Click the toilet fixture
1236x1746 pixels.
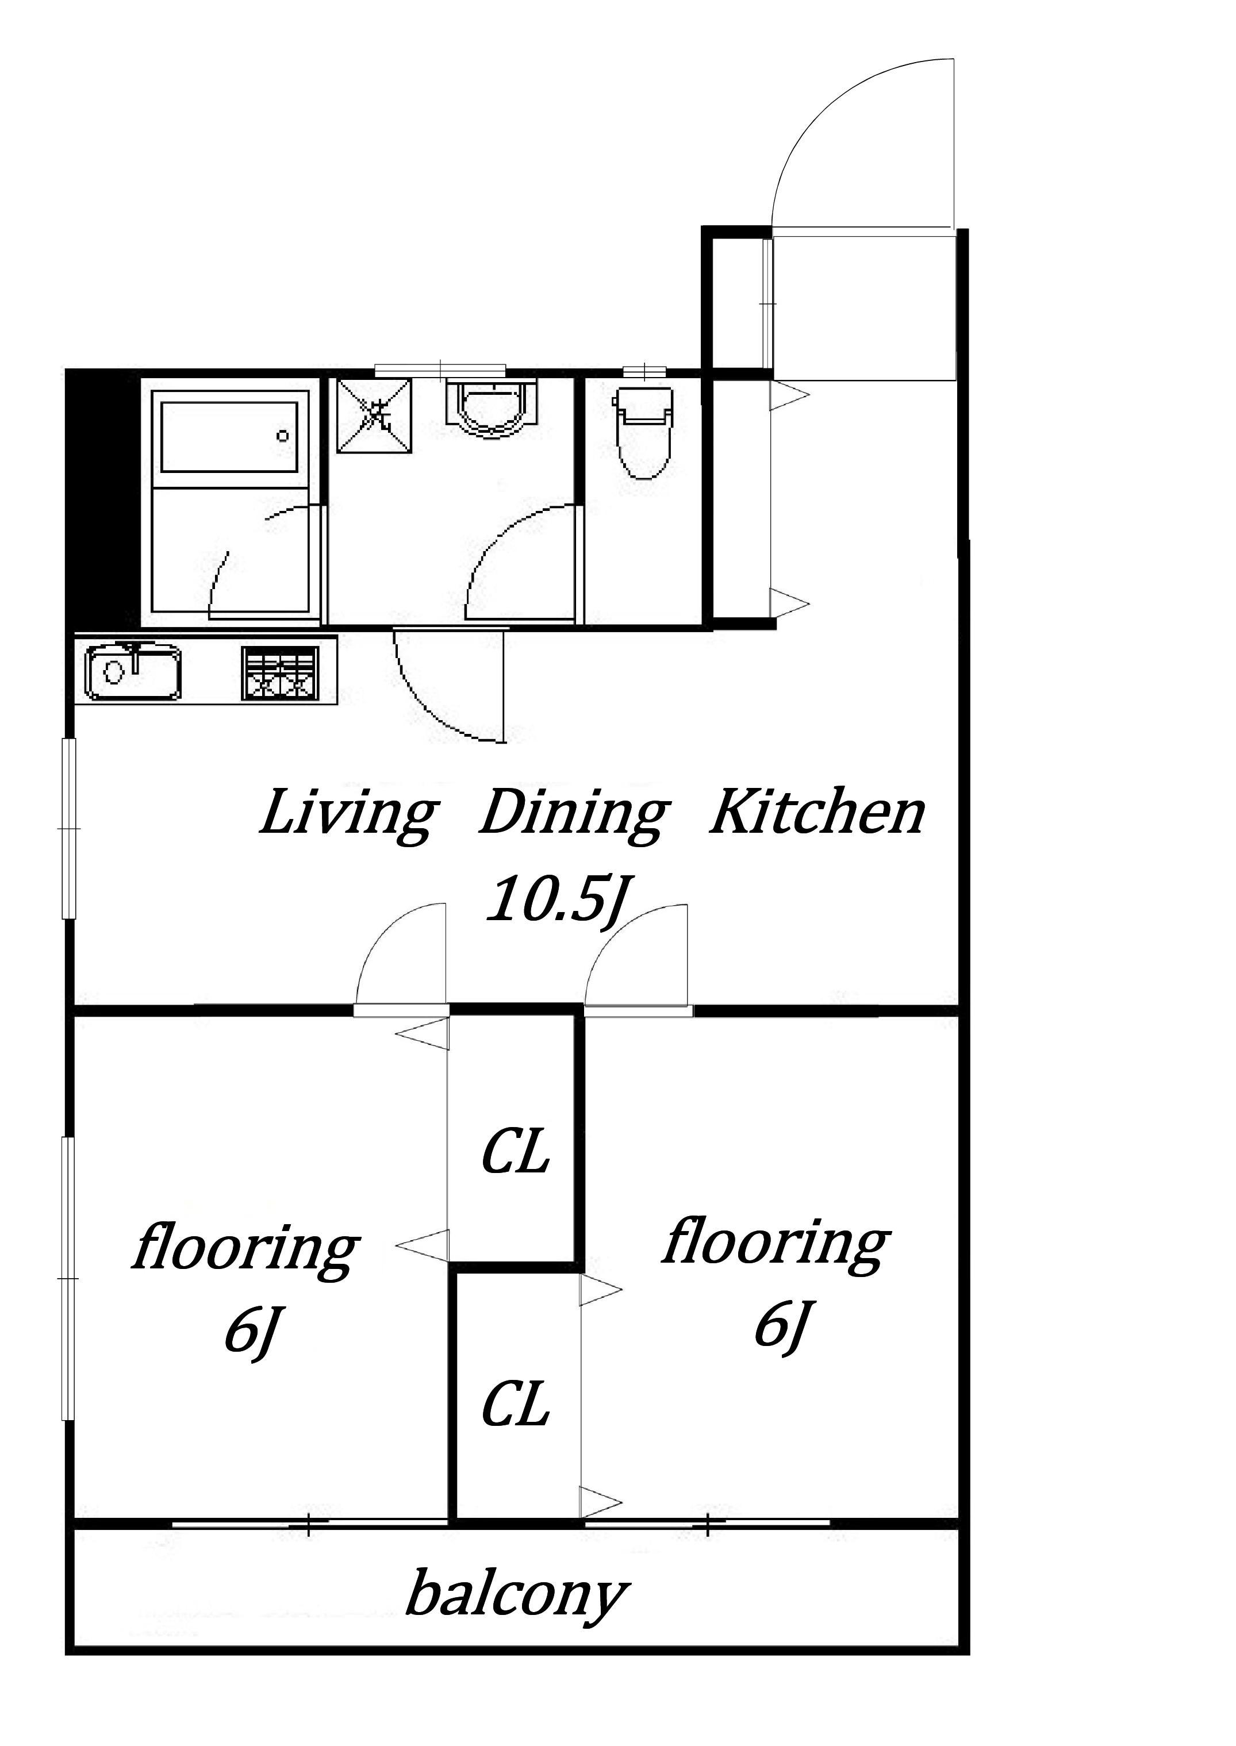pos(644,432)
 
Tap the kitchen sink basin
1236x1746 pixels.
pos(134,672)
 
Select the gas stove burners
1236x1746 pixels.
pos(279,672)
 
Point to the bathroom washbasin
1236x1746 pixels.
pos(493,408)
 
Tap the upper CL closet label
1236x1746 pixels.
pos(515,1152)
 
